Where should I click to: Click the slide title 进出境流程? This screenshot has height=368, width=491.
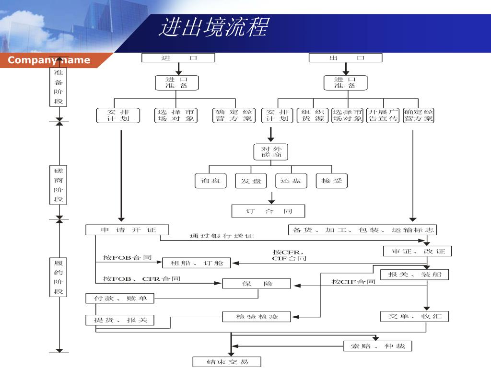pyautogui.click(x=213, y=27)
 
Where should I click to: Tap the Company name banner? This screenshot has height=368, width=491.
pyautogui.click(x=49, y=60)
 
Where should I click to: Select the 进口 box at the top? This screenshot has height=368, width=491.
pyautogui.click(x=178, y=58)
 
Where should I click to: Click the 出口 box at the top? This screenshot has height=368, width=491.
pyautogui.click(x=345, y=58)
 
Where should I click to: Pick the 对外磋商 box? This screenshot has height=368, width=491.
pyautogui.click(x=271, y=152)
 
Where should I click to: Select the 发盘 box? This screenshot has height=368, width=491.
pyautogui.click(x=251, y=181)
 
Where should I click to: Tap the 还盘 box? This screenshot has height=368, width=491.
pyautogui.click(x=291, y=181)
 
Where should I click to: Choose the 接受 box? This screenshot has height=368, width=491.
pyautogui.click(x=332, y=181)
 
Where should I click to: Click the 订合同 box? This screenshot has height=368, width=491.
pyautogui.click(x=268, y=211)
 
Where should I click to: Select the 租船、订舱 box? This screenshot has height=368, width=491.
pyautogui.click(x=196, y=263)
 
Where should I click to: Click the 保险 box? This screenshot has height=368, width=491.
pyautogui.click(x=257, y=284)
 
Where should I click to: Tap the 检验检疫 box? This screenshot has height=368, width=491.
pyautogui.click(x=257, y=317)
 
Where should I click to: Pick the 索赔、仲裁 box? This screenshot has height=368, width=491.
pyautogui.click(x=377, y=345)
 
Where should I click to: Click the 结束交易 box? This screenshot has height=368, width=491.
pyautogui.click(x=227, y=362)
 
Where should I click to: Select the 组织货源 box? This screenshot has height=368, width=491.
pyautogui.click(x=313, y=115)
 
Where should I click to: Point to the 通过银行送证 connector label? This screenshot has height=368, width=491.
pyautogui.click(x=222, y=236)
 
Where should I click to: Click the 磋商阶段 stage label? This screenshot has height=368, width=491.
pyautogui.click(x=58, y=185)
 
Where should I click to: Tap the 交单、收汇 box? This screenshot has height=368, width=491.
pyautogui.click(x=415, y=316)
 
